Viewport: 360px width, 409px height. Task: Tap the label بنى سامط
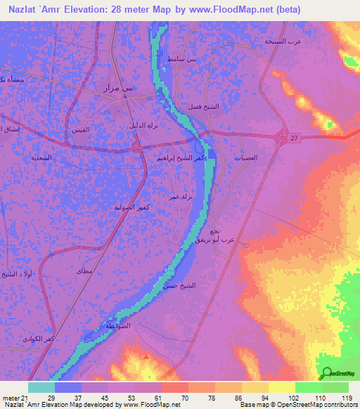click(182, 60)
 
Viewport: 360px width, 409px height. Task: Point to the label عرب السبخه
click(282, 41)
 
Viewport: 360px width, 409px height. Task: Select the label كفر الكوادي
click(58, 339)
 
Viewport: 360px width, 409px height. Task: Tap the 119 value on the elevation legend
click(346, 398)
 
